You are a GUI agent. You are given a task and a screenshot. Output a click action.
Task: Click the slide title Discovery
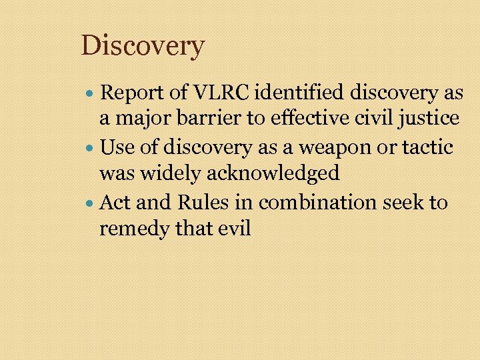(x=143, y=46)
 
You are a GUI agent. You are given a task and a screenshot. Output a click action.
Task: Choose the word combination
(x=316, y=202)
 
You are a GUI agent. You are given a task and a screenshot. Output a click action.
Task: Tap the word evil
(x=233, y=229)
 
